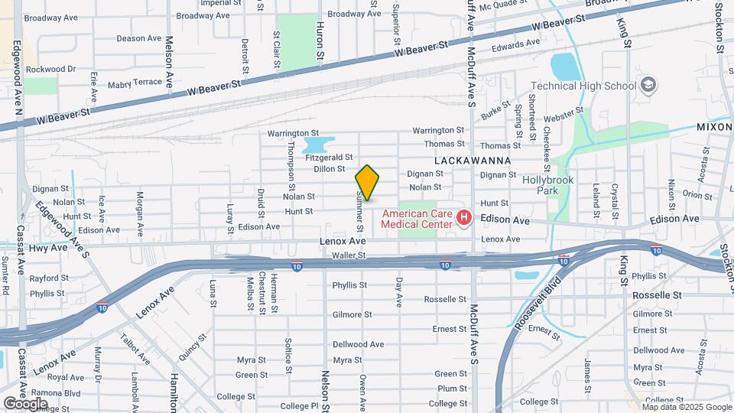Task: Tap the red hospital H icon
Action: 463,220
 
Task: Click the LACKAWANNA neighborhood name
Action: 473,161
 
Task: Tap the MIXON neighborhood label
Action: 714,127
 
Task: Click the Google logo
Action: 25,403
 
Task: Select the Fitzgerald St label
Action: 329,158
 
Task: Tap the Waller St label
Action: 349,255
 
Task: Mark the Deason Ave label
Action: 139,38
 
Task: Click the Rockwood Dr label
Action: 51,69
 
